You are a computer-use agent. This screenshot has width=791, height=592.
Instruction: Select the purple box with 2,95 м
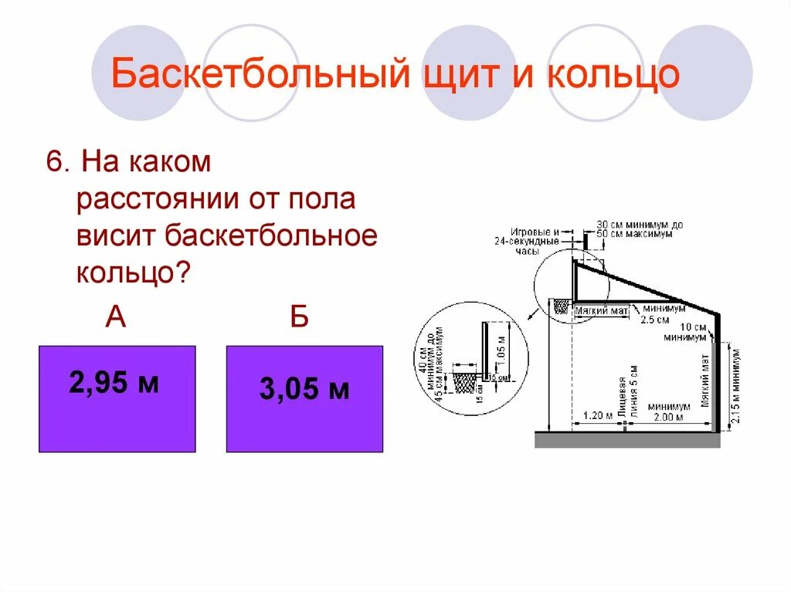[117, 398]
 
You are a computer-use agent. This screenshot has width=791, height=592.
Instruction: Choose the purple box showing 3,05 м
[304, 398]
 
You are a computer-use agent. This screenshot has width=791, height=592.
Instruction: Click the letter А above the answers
[116, 316]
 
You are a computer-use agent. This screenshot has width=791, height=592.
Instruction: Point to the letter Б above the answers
[300, 316]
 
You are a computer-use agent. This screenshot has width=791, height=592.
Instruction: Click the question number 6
[53, 164]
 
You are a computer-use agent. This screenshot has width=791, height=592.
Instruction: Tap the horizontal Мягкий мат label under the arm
[603, 310]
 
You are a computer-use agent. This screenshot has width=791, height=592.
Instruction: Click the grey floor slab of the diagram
[627, 440]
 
